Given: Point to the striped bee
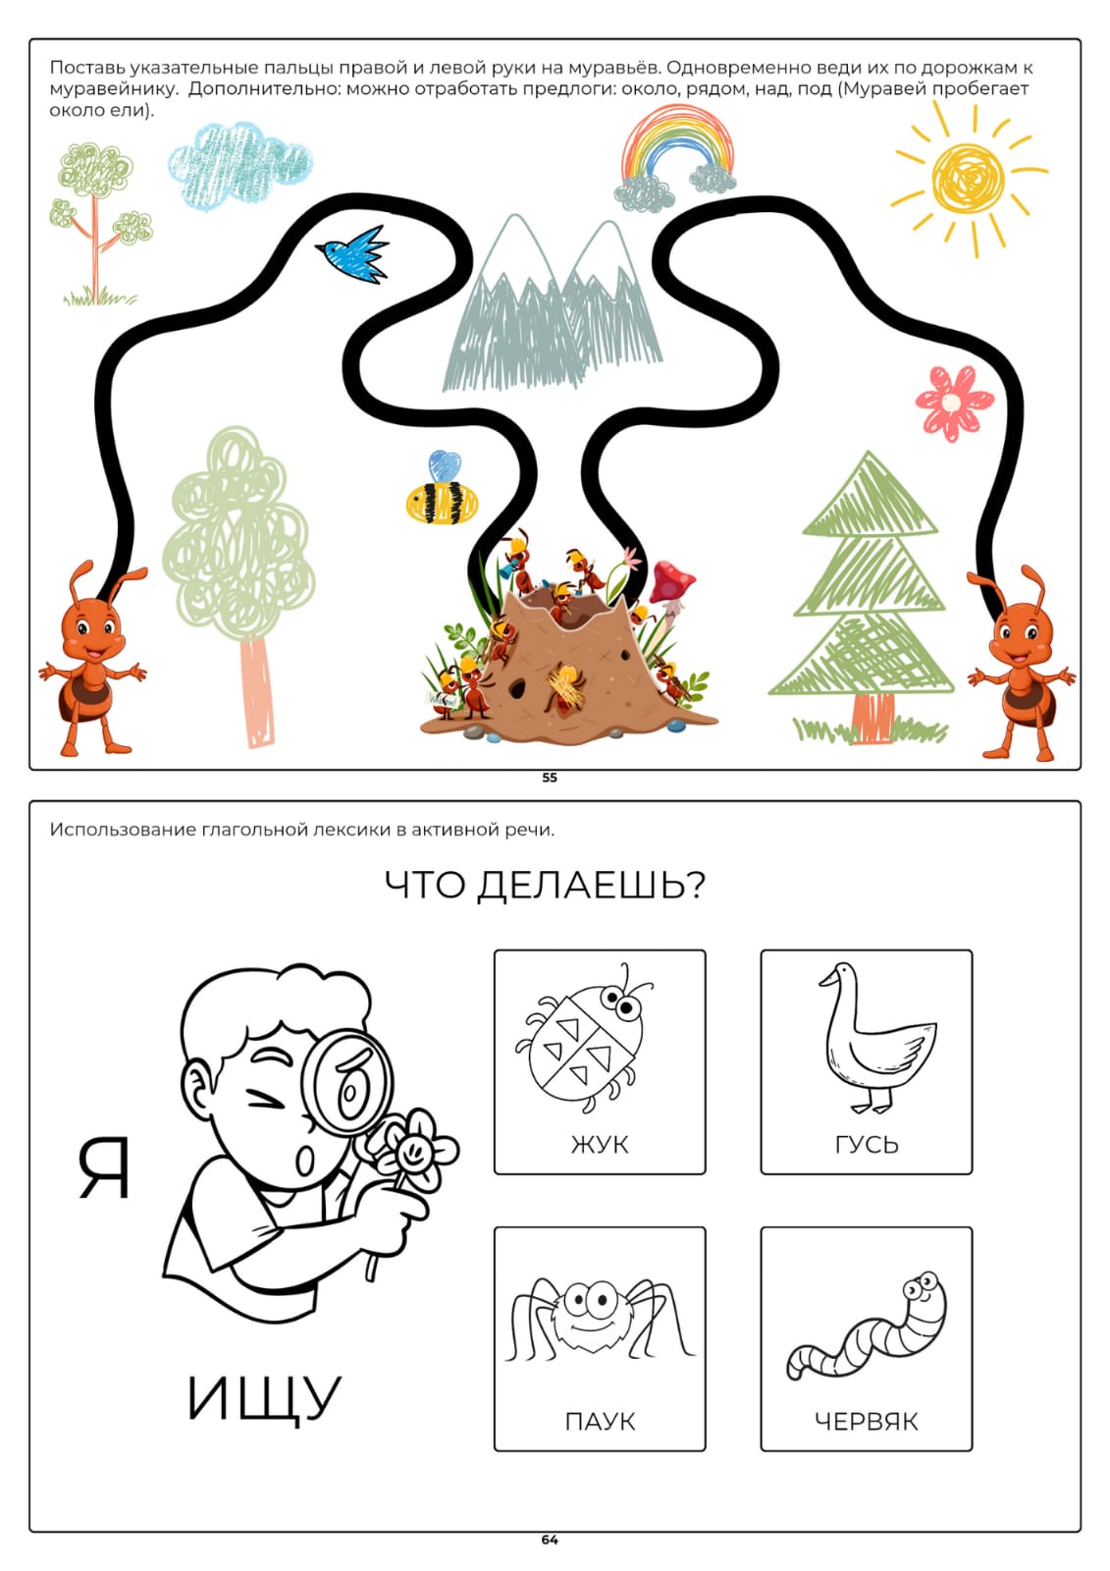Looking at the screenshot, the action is tap(442, 490).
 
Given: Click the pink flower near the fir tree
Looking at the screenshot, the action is tap(954, 403).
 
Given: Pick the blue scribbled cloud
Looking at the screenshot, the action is tap(239, 166).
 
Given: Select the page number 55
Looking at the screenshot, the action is tap(550, 778).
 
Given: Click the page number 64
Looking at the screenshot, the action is tap(550, 1540).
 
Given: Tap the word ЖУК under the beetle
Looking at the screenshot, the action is tap(600, 1145).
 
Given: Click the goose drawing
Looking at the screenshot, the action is tap(876, 1039).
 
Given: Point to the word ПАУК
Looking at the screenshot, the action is tap(601, 1422).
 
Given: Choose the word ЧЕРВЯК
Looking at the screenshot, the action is tap(866, 1422).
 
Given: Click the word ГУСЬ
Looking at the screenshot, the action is tap(867, 1145).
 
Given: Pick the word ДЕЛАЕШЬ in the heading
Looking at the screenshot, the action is tap(591, 885).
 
